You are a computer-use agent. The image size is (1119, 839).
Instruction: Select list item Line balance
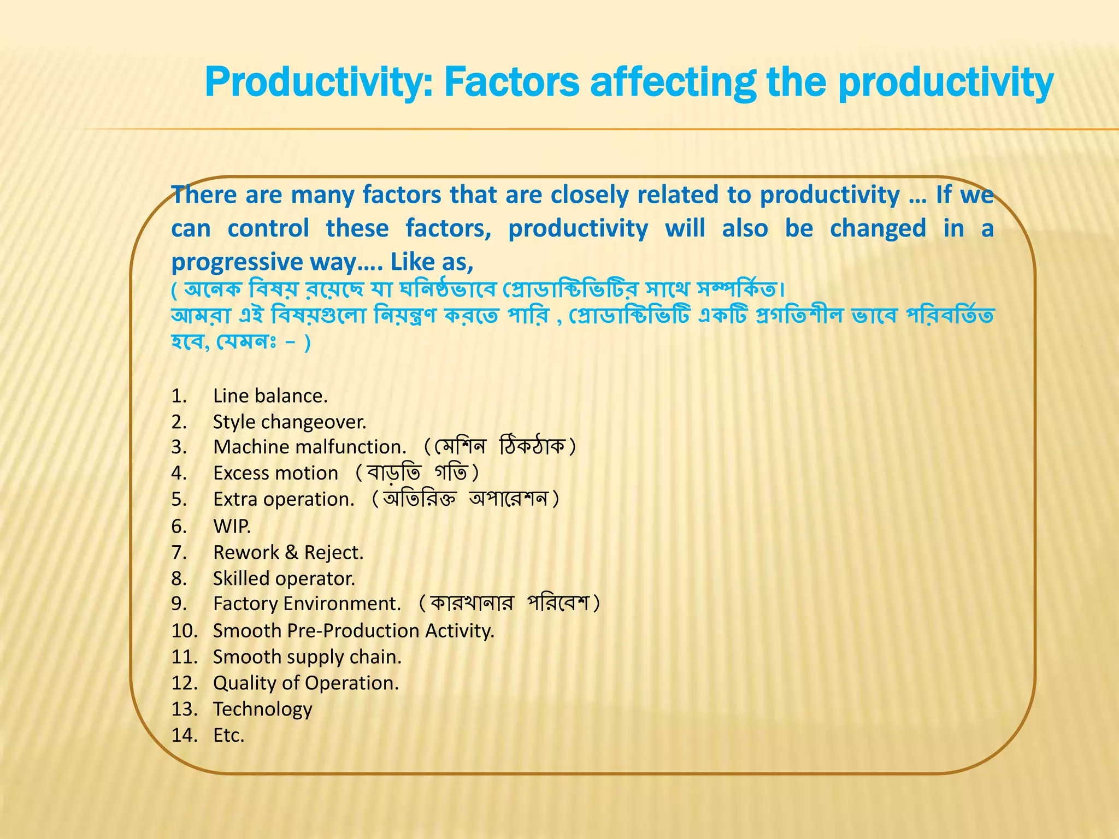click(270, 396)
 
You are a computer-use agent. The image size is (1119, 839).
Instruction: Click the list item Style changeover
click(290, 422)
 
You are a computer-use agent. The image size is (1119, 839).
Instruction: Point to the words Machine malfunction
click(310, 447)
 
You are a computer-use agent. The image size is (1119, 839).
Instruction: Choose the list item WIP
click(232, 526)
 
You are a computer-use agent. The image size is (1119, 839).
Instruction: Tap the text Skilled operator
click(284, 578)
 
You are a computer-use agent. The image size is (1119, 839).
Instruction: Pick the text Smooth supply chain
click(307, 657)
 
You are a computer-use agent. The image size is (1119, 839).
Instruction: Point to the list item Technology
click(262, 709)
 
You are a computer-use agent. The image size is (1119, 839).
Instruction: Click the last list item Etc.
click(228, 735)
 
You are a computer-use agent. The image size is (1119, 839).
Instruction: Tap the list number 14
click(184, 735)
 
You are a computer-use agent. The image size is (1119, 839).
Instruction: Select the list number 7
click(179, 552)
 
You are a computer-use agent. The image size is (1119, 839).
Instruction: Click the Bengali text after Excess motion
click(417, 473)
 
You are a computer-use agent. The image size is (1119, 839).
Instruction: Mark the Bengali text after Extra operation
click(466, 499)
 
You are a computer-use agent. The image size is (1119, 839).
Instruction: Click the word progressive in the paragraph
click(236, 262)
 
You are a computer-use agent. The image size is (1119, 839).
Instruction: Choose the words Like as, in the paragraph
click(432, 262)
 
